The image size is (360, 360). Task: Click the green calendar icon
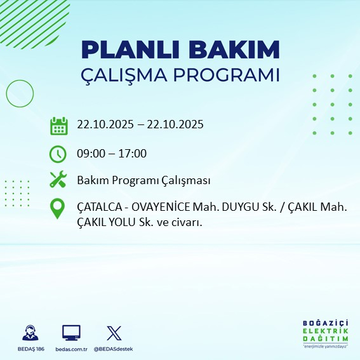point(58,126)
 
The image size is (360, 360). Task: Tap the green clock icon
point(58,154)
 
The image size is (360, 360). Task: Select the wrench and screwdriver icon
point(58,180)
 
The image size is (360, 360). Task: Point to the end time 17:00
point(133,154)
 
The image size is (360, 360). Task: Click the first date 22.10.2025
point(105,124)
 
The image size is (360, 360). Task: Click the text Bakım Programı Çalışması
point(143,180)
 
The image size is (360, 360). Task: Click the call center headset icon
point(30,333)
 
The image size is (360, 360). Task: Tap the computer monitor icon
point(71,333)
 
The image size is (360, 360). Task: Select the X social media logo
point(113,333)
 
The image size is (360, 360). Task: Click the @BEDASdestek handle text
point(113,349)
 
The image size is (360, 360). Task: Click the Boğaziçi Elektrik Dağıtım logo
point(325,333)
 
